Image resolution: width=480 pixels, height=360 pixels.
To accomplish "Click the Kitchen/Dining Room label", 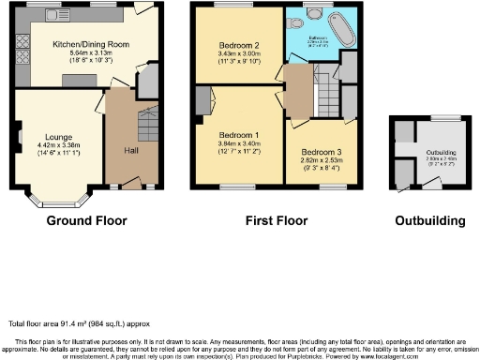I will pyautogui.click(x=90, y=44).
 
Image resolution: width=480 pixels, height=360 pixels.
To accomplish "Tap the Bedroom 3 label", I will pyautogui.click(x=321, y=152).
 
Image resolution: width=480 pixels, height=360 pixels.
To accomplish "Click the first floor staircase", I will pyautogui.click(x=327, y=94).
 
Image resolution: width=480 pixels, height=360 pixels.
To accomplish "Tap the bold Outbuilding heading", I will pyautogui.click(x=430, y=222).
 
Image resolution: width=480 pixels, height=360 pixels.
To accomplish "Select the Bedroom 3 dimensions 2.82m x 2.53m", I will pyautogui.click(x=321, y=160).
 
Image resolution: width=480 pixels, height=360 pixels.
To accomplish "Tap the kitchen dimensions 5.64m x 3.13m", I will pyautogui.click(x=90, y=53).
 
